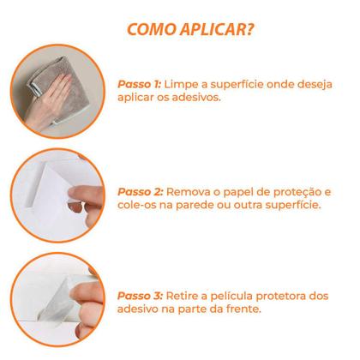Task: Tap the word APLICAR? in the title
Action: pos(217,29)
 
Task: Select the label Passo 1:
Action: pos(140,84)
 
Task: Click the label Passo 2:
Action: pos(141,192)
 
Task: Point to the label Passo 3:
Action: pos(140,296)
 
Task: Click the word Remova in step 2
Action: pos(188,192)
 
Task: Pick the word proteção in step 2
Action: pos(297,193)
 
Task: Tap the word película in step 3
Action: pos(231,297)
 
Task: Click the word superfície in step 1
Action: pos(237,85)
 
